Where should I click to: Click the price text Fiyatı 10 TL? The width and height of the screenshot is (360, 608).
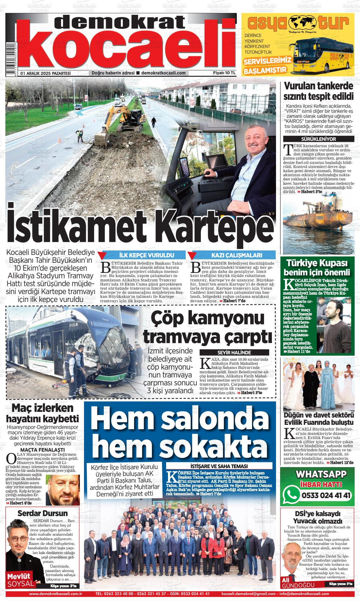click(225, 73)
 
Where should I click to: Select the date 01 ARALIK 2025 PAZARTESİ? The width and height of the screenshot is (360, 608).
click(45, 73)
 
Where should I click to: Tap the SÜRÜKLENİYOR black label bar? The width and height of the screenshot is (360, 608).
click(318, 139)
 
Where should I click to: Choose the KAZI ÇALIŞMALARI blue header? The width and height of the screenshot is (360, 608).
click(237, 256)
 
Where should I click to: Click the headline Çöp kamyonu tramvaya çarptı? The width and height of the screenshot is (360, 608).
click(208, 328)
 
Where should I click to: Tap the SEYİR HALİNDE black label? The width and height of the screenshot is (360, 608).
click(234, 352)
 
